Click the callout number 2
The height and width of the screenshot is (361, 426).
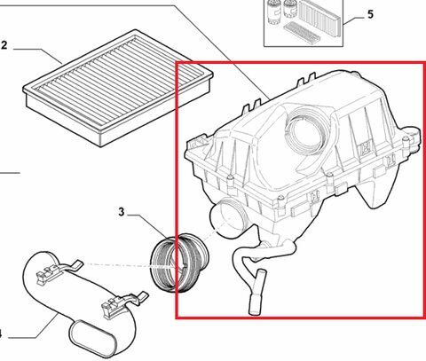(x=4, y=46)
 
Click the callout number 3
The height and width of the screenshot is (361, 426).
(x=122, y=212)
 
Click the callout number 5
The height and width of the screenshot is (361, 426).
(x=370, y=14)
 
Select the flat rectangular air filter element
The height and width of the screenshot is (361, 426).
(x=118, y=87)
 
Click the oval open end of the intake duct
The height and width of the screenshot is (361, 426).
(x=92, y=338)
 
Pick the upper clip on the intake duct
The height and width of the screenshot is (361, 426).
(x=59, y=271)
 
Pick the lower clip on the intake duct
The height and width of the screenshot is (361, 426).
(x=124, y=303)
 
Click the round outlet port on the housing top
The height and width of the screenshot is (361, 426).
(x=304, y=131)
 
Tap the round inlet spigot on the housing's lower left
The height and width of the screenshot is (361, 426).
(x=228, y=217)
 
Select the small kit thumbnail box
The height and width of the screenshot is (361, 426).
(x=304, y=23)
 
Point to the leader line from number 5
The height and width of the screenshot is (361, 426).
(x=353, y=20)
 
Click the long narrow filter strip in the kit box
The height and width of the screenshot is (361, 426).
(x=302, y=33)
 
